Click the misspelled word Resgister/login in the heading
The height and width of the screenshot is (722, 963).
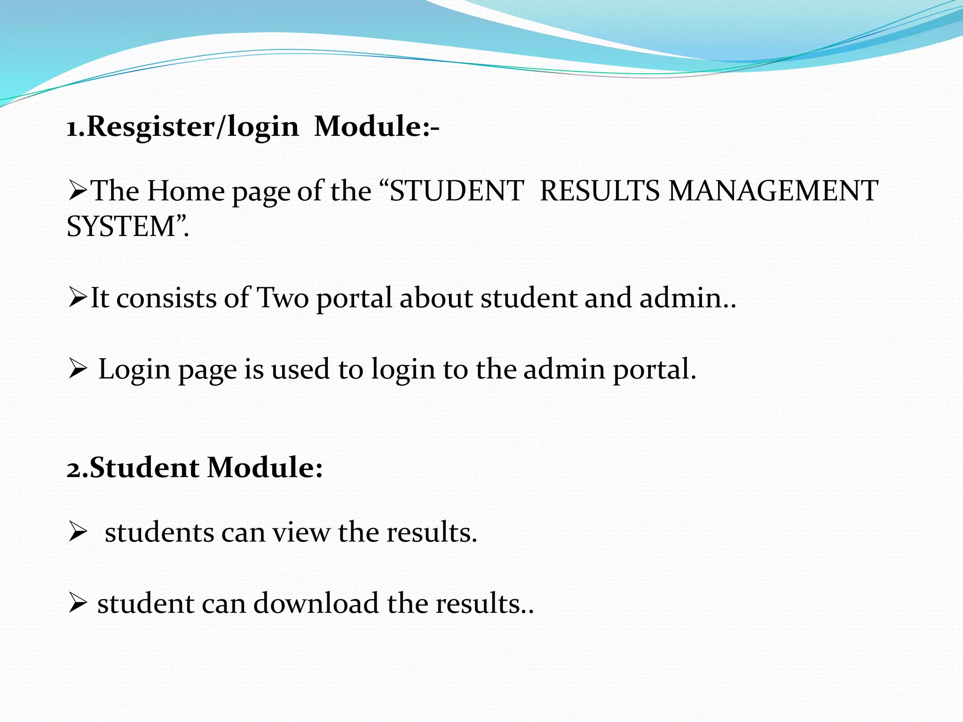click(193, 127)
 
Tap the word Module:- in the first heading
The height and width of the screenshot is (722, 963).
click(376, 126)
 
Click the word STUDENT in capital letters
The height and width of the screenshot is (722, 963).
click(457, 191)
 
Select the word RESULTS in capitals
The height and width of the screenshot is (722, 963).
click(600, 191)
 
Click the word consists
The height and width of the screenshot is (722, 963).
click(166, 298)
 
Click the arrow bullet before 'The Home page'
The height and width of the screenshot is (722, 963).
click(78, 191)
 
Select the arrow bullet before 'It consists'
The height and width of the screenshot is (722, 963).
click(78, 298)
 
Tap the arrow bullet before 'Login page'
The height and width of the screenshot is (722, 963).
click(78, 369)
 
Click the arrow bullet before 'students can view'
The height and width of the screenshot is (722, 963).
click(78, 532)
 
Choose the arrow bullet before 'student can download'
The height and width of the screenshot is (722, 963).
click(78, 603)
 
